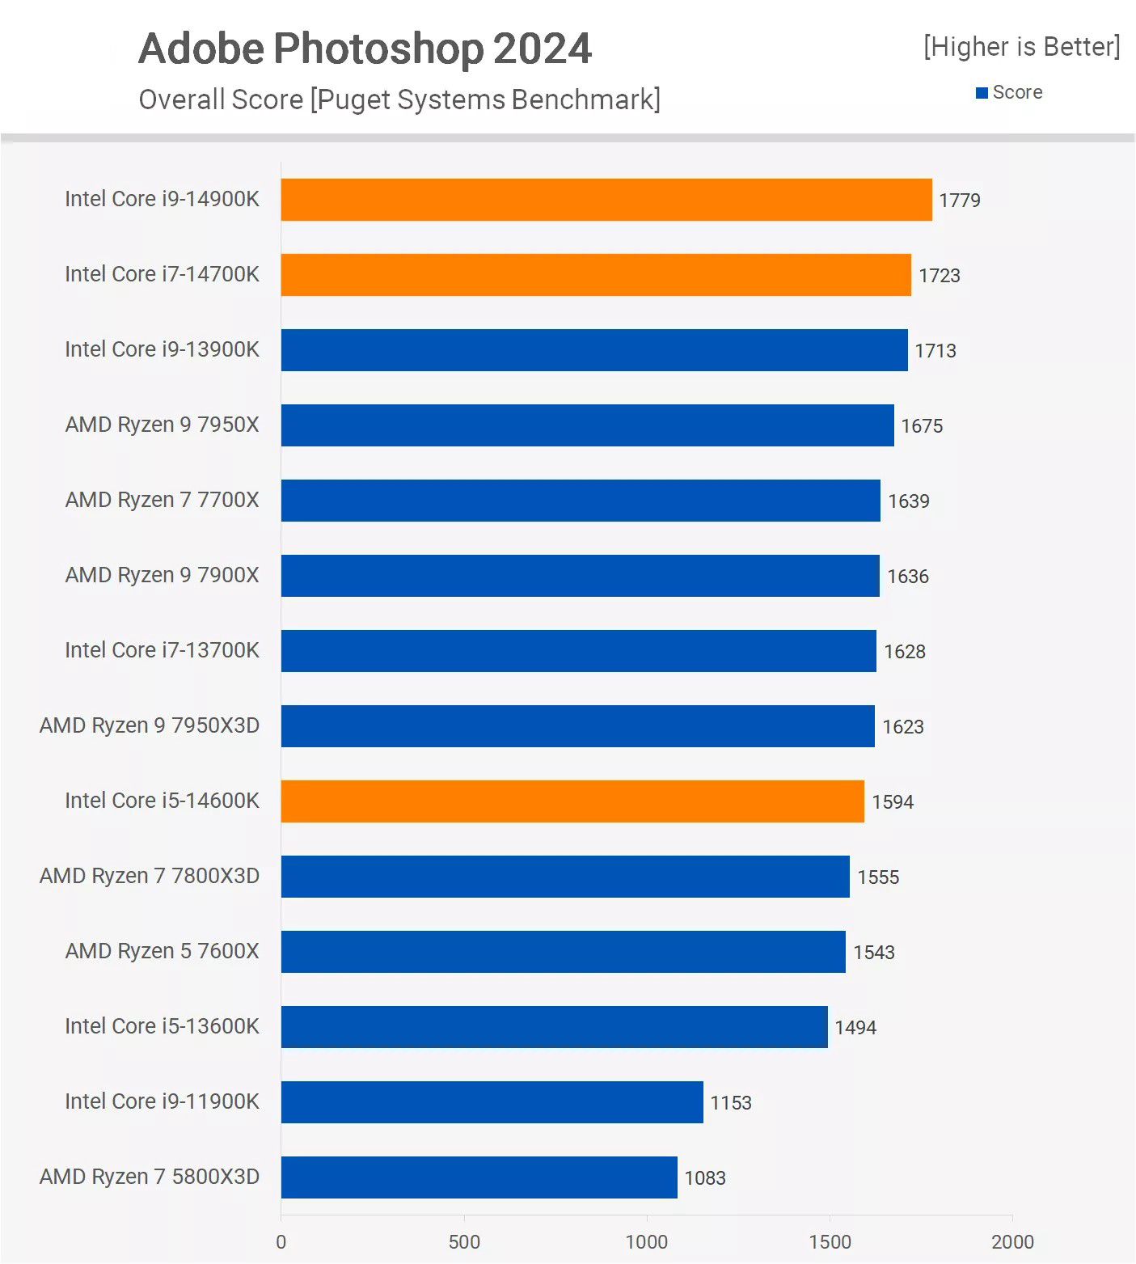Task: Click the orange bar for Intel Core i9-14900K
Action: click(x=606, y=200)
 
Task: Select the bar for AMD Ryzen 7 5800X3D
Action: click(x=479, y=1177)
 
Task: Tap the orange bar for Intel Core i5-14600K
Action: click(x=572, y=801)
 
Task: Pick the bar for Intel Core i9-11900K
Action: click(x=492, y=1102)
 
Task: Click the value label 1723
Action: click(x=939, y=276)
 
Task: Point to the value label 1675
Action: click(x=922, y=426)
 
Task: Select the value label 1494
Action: click(x=855, y=1028)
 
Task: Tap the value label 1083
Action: click(x=705, y=1178)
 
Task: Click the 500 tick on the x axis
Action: click(x=464, y=1242)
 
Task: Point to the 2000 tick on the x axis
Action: click(x=1012, y=1242)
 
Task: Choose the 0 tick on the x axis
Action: click(x=281, y=1242)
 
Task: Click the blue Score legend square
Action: click(x=982, y=93)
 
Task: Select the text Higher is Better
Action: click(x=1022, y=47)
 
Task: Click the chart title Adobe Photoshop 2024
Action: click(x=365, y=49)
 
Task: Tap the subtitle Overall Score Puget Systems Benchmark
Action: click(x=399, y=99)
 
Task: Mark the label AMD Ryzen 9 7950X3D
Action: click(x=150, y=725)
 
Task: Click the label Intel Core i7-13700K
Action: click(x=162, y=650)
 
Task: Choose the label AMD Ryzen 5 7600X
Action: click(x=162, y=951)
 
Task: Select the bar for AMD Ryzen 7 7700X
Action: click(x=581, y=501)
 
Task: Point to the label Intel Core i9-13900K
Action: click(x=162, y=349)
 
